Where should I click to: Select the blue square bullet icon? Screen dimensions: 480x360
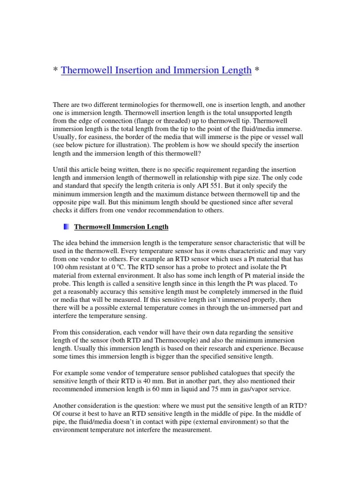pos(66,227)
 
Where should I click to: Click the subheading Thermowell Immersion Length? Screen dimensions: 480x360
pos(121,227)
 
